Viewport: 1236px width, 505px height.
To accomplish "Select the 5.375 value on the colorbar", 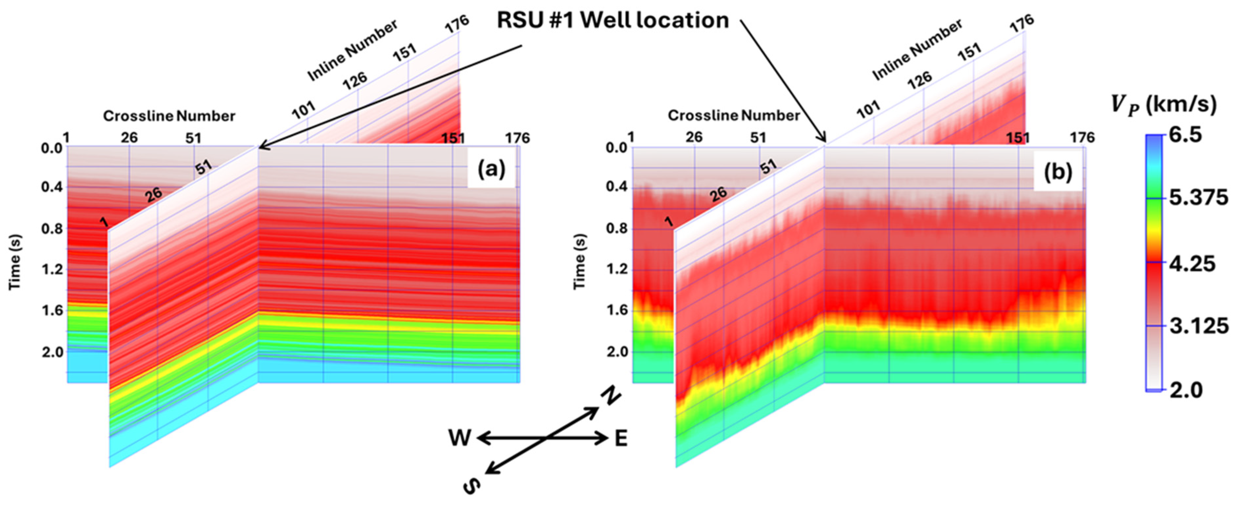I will pos(1198,198).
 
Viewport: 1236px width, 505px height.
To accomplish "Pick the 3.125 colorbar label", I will pos(1199,326).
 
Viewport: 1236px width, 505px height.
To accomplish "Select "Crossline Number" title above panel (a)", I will pos(169,116).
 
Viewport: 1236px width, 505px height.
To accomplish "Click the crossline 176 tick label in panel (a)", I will pos(517,138).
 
